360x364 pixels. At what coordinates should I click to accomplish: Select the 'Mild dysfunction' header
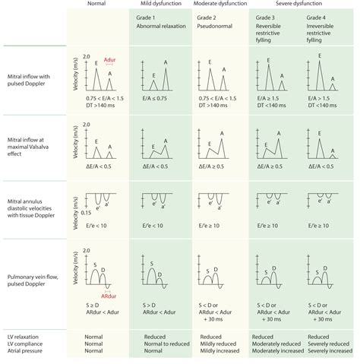pos(156,4)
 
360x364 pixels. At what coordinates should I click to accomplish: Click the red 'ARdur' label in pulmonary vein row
pos(109,296)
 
